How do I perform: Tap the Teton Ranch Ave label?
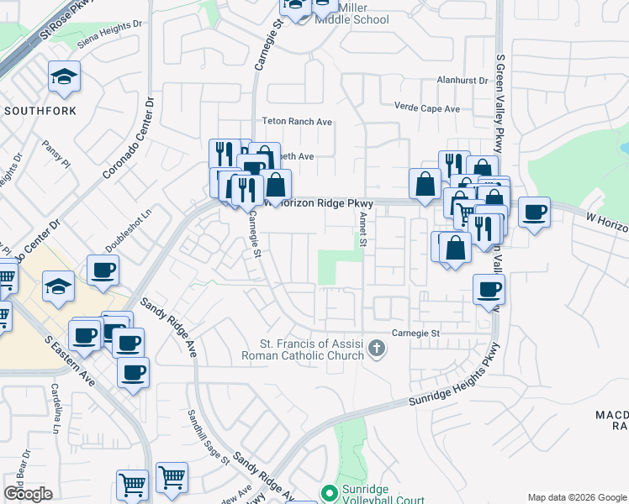298,122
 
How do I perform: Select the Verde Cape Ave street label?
427,108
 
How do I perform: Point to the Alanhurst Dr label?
462,81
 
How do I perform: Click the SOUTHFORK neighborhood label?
40,111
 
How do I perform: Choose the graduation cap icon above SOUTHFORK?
65,78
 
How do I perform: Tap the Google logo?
28,494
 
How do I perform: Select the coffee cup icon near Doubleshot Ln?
103,270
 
